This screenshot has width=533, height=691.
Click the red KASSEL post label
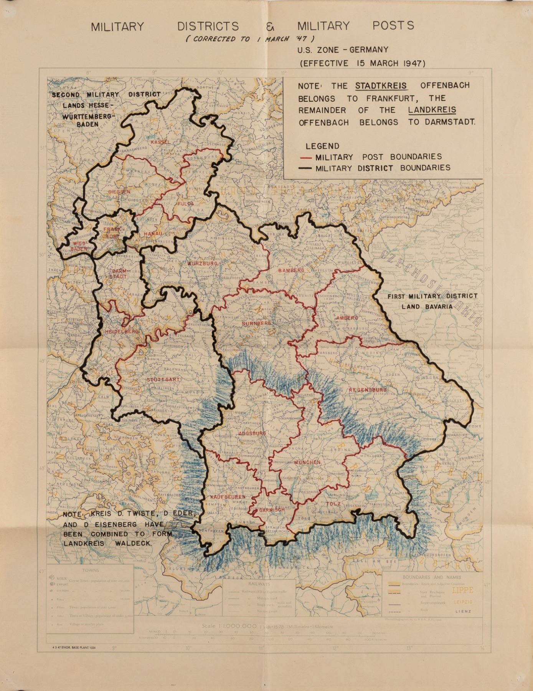(160, 142)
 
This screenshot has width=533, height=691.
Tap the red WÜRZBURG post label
(203, 264)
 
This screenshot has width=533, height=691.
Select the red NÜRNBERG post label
(256, 324)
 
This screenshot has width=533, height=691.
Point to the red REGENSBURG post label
(368, 390)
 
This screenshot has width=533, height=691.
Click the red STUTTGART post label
(163, 380)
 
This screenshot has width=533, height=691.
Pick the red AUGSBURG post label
(252, 433)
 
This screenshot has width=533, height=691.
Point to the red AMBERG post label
(347, 318)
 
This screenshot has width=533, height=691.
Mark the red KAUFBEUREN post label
(228, 497)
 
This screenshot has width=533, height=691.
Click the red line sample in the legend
(306, 157)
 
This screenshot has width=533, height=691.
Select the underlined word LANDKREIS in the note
(432, 110)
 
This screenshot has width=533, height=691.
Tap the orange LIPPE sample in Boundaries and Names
(462, 590)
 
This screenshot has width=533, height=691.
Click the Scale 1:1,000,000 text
(229, 626)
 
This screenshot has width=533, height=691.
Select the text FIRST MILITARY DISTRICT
(432, 296)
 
